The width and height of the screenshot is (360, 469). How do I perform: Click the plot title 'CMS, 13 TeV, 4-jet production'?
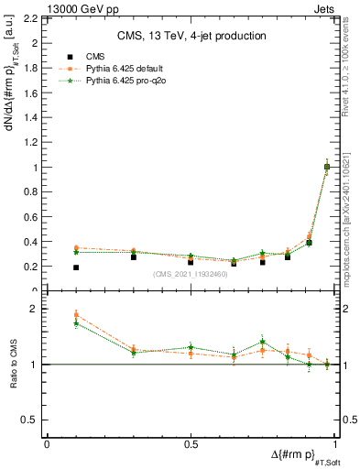[x=191, y=37]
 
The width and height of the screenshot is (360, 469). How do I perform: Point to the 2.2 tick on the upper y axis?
[x=33, y=18]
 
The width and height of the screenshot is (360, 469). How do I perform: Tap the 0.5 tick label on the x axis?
[x=191, y=444]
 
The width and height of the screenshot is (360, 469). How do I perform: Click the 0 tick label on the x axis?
[x=47, y=444]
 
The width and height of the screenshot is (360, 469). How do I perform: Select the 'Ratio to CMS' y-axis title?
[x=14, y=364]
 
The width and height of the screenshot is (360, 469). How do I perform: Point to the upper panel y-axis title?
[x=13, y=91]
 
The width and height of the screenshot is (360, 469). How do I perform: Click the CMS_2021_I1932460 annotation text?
[x=191, y=274]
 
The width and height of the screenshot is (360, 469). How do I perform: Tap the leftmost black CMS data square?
[x=76, y=267]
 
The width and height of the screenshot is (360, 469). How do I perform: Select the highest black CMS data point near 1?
[x=327, y=167]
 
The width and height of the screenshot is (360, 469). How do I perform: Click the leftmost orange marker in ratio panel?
[x=76, y=314]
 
